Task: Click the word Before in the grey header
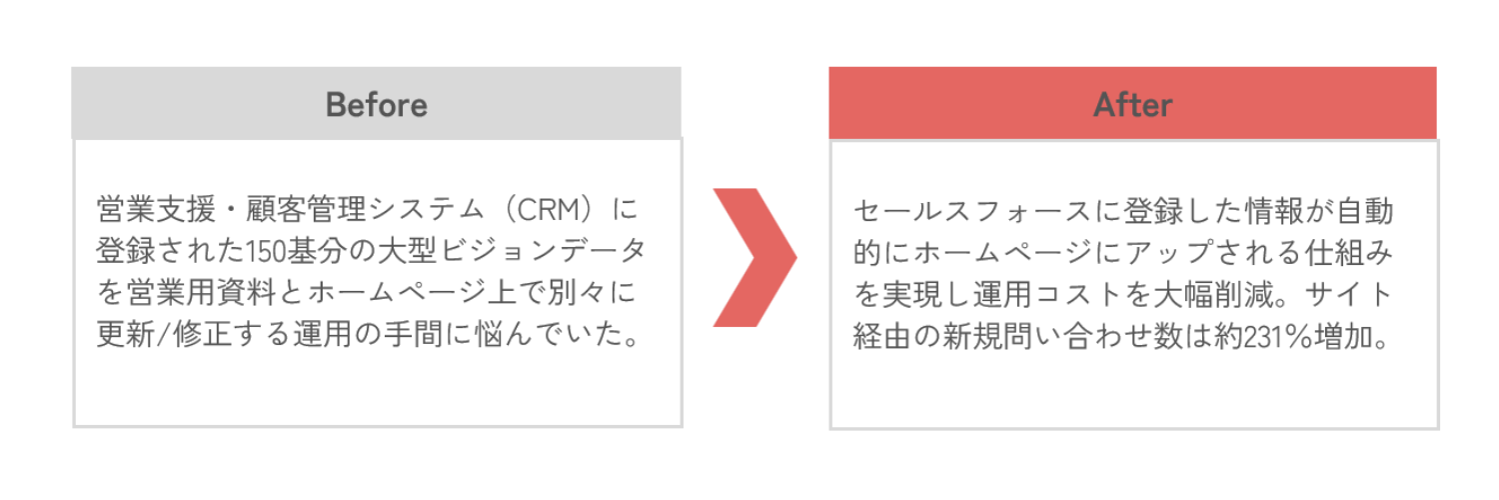click(x=377, y=104)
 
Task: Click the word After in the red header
click(x=1132, y=104)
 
